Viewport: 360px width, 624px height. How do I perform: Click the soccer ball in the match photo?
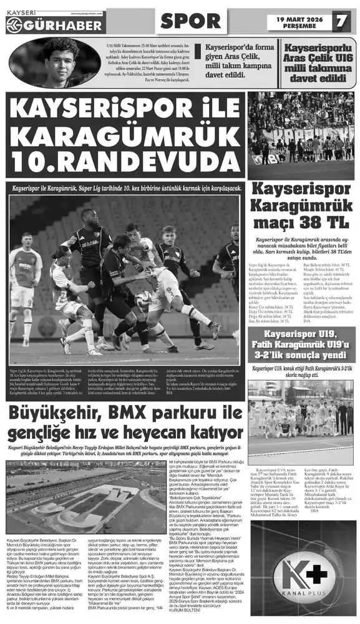(x=143, y=299)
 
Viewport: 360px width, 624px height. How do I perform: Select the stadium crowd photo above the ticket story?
(x=301, y=135)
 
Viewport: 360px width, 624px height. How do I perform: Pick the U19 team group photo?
(x=301, y=415)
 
